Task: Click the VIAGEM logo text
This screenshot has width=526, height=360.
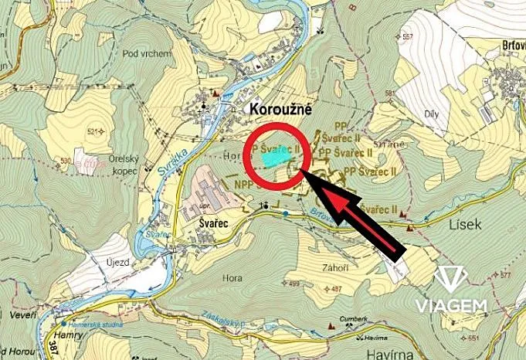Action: pos(452,305)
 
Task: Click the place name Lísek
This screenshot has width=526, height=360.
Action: pos(465,223)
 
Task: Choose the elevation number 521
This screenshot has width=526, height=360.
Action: pos(95,132)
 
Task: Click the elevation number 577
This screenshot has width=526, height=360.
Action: pos(506,275)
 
